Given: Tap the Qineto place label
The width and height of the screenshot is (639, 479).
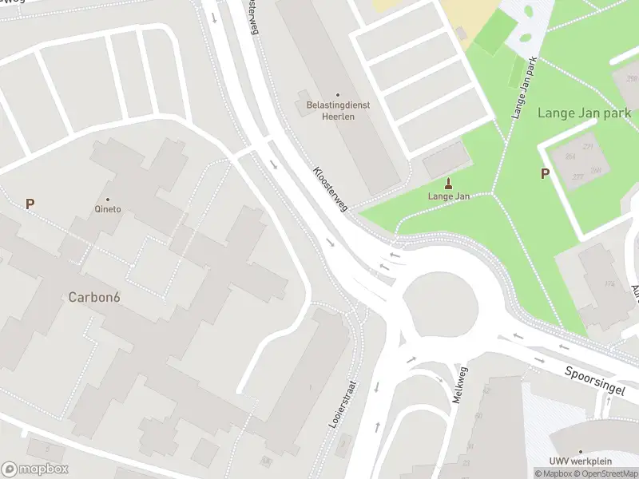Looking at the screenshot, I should click(x=108, y=209).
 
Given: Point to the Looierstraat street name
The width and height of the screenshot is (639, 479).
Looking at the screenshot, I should click(x=345, y=404).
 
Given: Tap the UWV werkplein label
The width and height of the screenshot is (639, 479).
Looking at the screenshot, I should click(x=581, y=461).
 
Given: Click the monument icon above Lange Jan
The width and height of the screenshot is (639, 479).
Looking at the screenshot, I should click(x=447, y=184).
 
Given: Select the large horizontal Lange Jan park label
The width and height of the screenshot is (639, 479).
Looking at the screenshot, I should click(x=584, y=113).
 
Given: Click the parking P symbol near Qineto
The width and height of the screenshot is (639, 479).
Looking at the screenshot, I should click(x=30, y=204).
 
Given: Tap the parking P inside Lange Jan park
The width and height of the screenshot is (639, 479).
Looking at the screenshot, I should click(x=545, y=173).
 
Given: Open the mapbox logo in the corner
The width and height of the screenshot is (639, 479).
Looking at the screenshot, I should click(x=35, y=469).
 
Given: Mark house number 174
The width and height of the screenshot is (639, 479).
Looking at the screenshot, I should click(x=609, y=284).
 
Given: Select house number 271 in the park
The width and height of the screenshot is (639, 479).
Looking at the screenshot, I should click(x=588, y=148).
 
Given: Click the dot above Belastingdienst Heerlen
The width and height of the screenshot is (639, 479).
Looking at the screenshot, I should click(x=337, y=95).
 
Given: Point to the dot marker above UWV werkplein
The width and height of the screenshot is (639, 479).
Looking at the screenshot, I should click(x=581, y=451).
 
